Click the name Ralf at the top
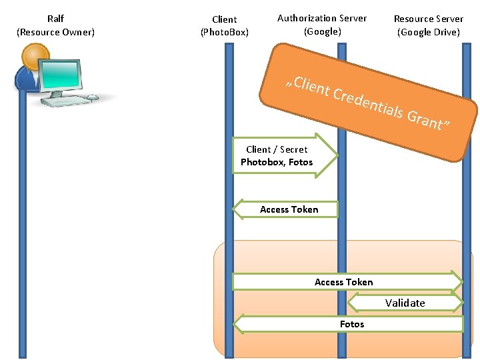[55, 19]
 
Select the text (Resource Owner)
[55, 32]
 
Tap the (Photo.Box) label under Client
[224, 32]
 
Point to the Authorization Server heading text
[322, 18]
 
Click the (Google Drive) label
[428, 32]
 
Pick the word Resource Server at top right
[428, 19]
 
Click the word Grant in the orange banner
[425, 120]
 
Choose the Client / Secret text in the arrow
[277, 149]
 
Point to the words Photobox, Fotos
[276, 162]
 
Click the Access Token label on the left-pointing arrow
[289, 209]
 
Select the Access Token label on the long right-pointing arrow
[343, 282]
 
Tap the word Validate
[405, 303]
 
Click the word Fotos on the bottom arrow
[351, 324]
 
